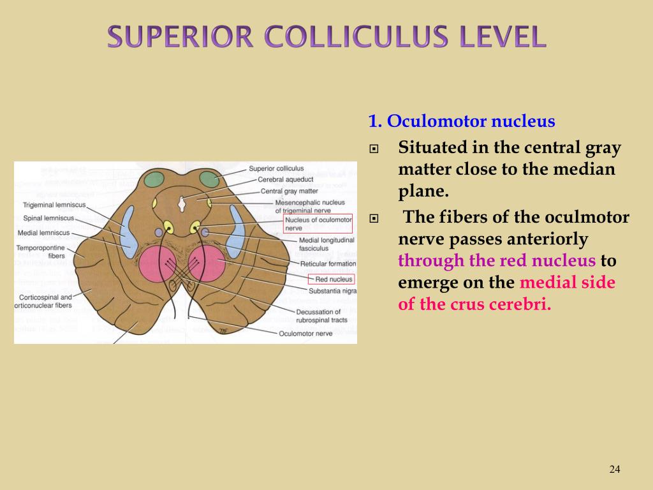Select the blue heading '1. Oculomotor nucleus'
coord(461,121)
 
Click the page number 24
coord(615,470)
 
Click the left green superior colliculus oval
coord(154,179)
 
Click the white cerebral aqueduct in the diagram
coord(182,204)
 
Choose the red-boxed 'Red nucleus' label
coord(330,279)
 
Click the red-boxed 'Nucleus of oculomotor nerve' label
coord(317,223)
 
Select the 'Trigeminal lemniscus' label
coord(54,205)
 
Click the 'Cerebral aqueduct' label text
coord(285,180)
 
